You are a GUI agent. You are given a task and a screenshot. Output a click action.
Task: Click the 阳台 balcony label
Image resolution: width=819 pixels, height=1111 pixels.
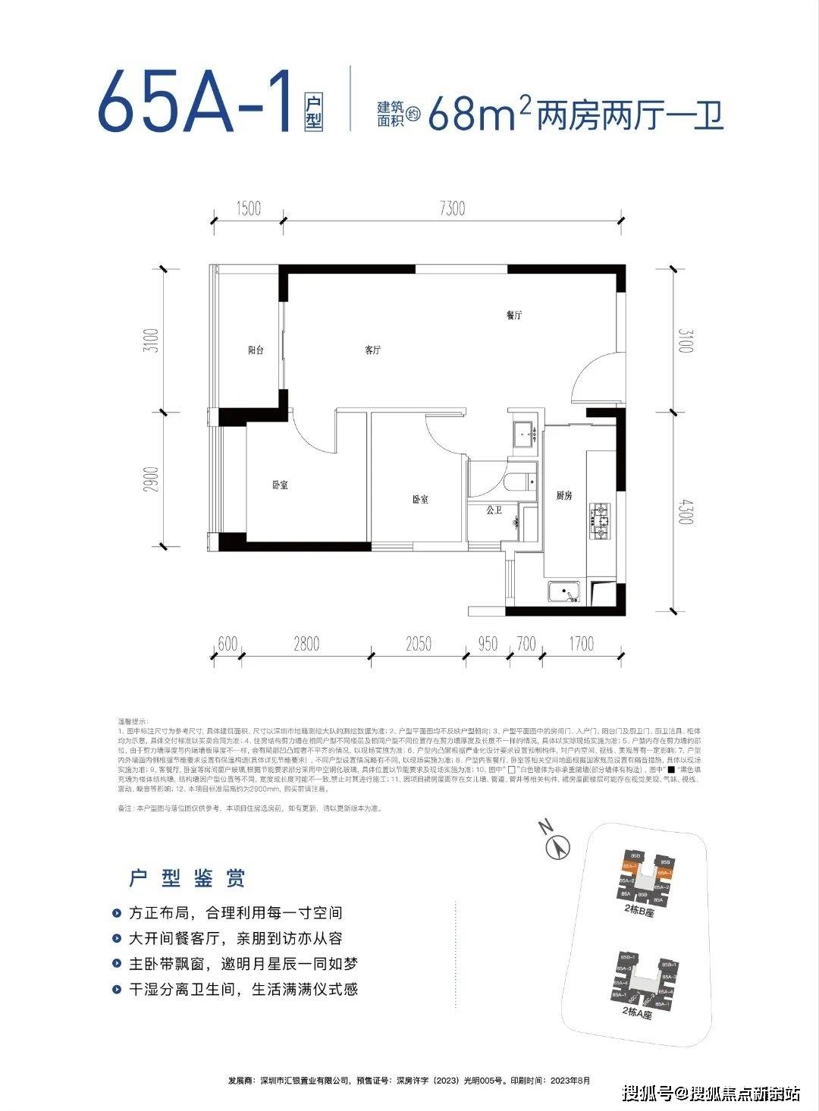[256, 350]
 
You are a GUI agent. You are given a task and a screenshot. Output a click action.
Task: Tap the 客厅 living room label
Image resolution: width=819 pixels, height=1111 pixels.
[372, 350]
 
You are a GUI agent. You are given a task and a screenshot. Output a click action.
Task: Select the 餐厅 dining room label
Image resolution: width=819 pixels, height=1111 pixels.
[515, 315]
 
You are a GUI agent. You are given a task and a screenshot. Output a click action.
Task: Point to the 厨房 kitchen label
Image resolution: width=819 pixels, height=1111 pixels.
[563, 495]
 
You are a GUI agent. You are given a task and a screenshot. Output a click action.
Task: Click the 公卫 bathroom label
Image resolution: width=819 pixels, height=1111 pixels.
[494, 510]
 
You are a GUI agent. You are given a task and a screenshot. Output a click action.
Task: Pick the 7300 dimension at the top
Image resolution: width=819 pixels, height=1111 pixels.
[450, 208]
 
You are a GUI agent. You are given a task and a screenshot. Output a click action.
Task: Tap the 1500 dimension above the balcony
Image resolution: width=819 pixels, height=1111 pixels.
[248, 208]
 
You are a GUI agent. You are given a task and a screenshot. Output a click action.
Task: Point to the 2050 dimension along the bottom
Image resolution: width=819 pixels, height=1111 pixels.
[418, 644]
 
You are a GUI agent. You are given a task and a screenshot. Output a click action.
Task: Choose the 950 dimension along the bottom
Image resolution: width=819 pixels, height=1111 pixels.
[488, 644]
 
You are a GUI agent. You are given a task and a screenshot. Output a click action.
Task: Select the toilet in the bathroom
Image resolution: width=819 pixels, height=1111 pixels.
[522, 483]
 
